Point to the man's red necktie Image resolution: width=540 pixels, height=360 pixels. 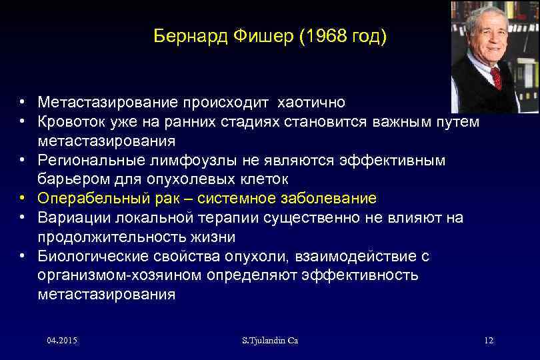point(496,77)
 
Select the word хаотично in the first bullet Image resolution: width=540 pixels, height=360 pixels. point(310,103)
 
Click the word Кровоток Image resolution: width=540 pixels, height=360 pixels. point(73,122)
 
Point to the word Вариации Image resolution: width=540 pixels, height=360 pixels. point(69,218)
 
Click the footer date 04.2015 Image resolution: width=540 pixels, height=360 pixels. point(62,341)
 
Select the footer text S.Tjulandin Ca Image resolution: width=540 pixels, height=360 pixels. point(270,341)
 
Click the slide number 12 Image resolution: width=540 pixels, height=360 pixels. point(488,341)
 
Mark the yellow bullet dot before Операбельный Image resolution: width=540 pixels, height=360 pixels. point(23,199)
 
